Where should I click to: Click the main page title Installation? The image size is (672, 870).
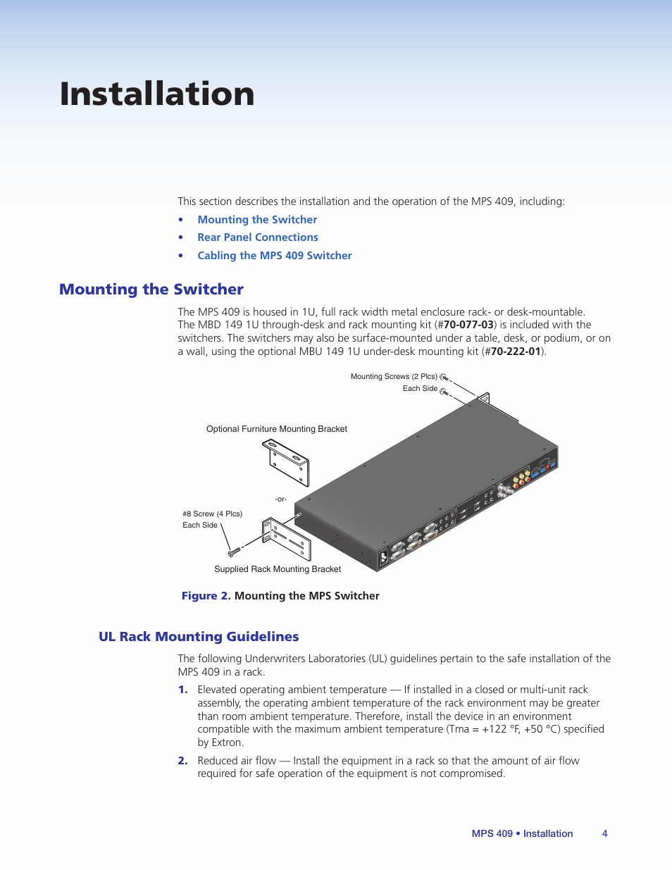tap(157, 94)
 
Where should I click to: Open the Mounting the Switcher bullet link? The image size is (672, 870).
tap(257, 220)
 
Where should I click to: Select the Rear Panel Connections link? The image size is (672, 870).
tap(258, 237)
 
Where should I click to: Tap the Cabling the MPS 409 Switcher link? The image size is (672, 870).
tap(275, 256)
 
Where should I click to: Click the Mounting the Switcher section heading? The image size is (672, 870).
tap(151, 290)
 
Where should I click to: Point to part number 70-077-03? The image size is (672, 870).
tap(468, 325)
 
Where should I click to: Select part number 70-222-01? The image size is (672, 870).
tap(516, 352)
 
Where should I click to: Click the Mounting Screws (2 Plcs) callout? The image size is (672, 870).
tap(394, 377)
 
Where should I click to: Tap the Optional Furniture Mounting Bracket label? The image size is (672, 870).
tap(277, 429)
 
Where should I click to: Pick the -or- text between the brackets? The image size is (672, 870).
tap(281, 499)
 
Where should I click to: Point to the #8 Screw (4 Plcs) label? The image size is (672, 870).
tap(212, 514)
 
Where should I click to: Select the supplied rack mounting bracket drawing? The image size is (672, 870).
tap(287, 539)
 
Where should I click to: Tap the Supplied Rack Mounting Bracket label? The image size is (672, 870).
tap(278, 569)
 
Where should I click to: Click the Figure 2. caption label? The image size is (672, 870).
tap(206, 596)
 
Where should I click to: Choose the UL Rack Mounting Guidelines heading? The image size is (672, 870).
tap(199, 637)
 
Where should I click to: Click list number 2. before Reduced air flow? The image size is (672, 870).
tap(182, 761)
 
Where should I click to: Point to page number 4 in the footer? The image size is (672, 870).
tap(604, 833)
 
